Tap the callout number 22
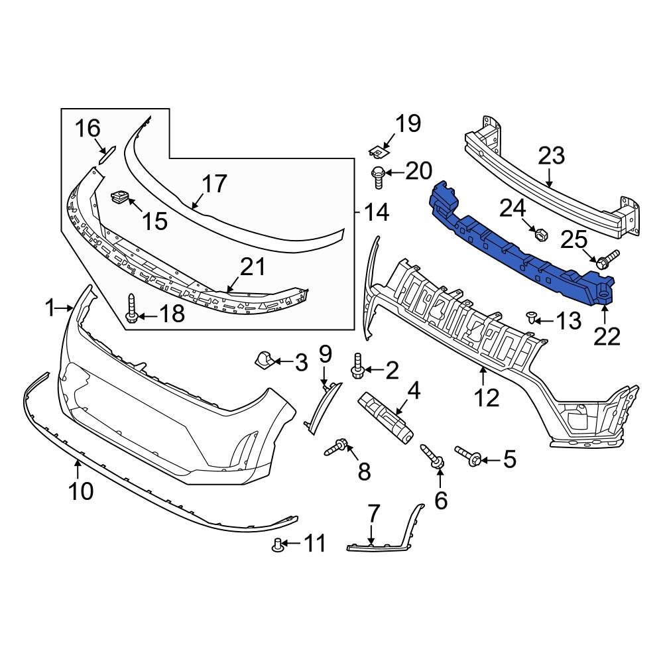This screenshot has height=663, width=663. tap(606, 336)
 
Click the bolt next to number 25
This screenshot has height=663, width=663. tap(605, 260)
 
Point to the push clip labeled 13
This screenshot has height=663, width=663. tap(532, 316)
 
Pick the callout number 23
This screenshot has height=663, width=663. tap(551, 156)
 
